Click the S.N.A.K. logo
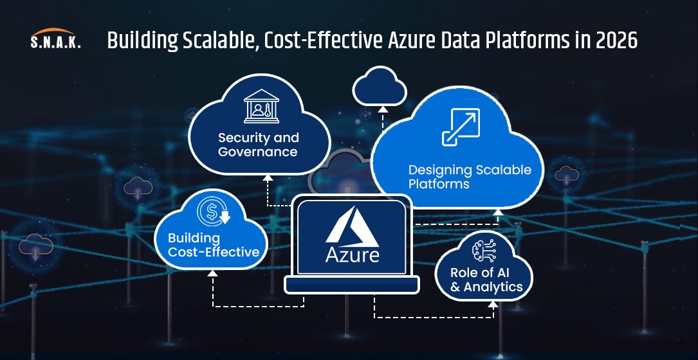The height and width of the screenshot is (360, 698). [55, 39]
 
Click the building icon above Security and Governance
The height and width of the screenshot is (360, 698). [261, 106]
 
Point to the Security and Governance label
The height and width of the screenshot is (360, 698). [258, 145]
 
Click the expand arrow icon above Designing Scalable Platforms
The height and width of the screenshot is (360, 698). [461, 127]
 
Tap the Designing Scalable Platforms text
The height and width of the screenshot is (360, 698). [470, 177]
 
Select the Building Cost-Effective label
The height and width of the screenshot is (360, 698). [214, 245]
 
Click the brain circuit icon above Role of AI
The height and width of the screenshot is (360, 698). [483, 251]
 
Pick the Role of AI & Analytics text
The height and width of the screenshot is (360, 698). [486, 280]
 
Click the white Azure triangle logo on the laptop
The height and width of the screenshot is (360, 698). [352, 227]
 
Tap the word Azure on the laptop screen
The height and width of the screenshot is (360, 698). [352, 255]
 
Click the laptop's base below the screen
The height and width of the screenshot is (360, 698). [352, 285]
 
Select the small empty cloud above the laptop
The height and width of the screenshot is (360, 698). [380, 87]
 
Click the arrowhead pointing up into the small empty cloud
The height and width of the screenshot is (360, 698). [382, 109]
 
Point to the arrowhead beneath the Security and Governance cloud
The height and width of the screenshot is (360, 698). [268, 177]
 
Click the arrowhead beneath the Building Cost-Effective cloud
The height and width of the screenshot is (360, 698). [213, 273]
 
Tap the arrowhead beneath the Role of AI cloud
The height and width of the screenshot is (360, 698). [493, 304]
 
